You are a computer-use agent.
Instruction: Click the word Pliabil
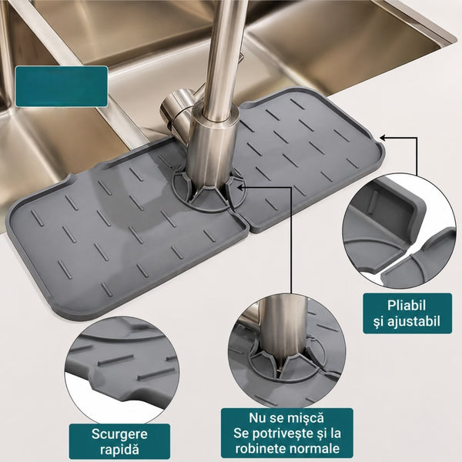point(407,306)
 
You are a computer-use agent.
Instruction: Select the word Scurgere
point(119,434)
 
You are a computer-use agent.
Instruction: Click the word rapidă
point(119,450)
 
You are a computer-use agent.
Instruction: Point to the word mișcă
point(306,418)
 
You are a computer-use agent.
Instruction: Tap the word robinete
point(260,448)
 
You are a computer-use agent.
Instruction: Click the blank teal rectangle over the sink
point(62,86)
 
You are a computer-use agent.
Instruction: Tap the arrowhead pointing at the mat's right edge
point(383,137)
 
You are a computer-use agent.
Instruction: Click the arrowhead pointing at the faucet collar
point(240,187)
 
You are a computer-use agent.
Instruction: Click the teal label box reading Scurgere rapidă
point(119,441)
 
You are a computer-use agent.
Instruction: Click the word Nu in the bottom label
point(257,418)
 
